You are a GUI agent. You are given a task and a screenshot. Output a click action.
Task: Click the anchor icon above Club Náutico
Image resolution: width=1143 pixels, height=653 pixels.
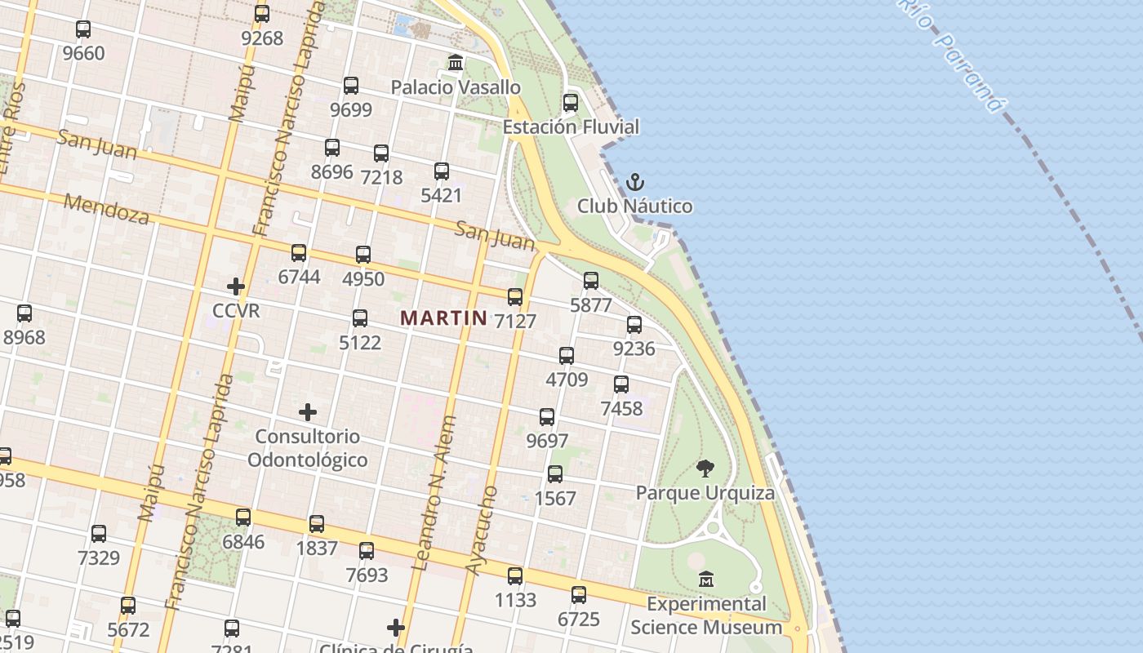pyautogui.click(x=634, y=182)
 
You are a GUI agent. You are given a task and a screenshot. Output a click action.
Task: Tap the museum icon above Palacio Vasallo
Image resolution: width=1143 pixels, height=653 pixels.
pyautogui.click(x=456, y=63)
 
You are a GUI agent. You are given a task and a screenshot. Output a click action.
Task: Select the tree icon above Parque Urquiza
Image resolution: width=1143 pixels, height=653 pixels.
pyautogui.click(x=705, y=469)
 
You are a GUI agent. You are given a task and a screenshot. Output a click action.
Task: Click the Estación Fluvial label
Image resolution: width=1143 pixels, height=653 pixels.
pyautogui.click(x=571, y=127)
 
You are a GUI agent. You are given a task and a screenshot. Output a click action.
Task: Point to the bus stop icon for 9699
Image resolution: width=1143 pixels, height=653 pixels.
pyautogui.click(x=351, y=85)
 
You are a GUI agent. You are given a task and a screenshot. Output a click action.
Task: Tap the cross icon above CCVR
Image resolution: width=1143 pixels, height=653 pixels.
pyautogui.click(x=236, y=287)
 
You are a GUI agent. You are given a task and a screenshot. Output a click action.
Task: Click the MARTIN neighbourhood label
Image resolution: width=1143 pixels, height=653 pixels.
pyautogui.click(x=443, y=318)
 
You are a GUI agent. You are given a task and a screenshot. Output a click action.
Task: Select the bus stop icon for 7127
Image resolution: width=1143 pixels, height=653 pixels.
pyautogui.click(x=515, y=297)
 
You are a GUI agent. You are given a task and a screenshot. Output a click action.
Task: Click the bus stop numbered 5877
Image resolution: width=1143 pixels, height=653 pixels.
pyautogui.click(x=591, y=281)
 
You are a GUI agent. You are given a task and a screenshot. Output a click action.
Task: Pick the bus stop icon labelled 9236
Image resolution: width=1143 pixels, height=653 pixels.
pyautogui.click(x=634, y=325)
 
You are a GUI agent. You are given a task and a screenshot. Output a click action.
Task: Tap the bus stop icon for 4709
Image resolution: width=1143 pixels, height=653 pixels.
pyautogui.click(x=567, y=356)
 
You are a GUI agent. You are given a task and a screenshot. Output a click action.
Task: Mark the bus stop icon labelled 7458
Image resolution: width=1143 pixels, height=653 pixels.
pyautogui.click(x=621, y=384)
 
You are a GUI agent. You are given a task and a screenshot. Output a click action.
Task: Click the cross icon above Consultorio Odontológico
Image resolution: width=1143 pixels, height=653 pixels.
pyautogui.click(x=308, y=412)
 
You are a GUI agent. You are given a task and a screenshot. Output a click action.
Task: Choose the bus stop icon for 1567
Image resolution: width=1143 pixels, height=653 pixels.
pyautogui.click(x=555, y=474)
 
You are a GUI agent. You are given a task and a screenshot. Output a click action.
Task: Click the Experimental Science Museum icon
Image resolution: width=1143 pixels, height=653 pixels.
pyautogui.click(x=706, y=580)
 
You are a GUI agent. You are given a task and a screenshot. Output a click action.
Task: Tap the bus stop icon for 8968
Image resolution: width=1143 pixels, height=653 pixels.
pyautogui.click(x=24, y=313)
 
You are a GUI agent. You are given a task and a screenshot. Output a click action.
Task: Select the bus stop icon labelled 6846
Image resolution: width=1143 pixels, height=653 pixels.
pyautogui.click(x=243, y=518)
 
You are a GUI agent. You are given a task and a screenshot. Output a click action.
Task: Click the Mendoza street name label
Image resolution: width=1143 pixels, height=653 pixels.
pyautogui.click(x=107, y=209)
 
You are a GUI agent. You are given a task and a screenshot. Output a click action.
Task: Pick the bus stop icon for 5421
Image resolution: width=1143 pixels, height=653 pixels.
pyautogui.click(x=442, y=171)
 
